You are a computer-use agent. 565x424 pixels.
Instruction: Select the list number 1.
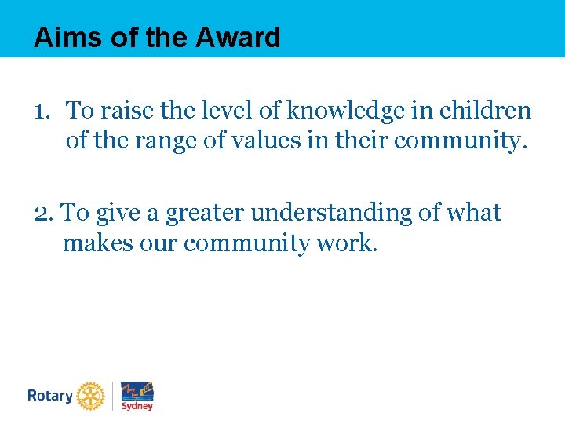(x=42, y=111)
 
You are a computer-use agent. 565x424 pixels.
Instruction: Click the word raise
(x=120, y=111)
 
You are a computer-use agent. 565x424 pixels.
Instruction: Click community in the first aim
(x=467, y=142)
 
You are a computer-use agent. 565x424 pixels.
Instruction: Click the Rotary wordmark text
(x=49, y=396)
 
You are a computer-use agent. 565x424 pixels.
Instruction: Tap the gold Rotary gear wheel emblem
(x=91, y=396)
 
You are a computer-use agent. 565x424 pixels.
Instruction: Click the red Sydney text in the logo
(x=137, y=406)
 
